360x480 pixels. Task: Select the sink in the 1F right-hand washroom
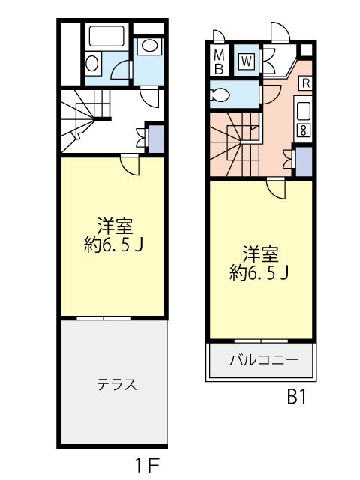coord(150,46)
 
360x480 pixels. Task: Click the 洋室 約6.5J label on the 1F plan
coord(112,235)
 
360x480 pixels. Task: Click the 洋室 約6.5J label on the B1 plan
coord(259,262)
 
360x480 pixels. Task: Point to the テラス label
coord(115,385)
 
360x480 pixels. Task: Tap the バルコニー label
coord(263,360)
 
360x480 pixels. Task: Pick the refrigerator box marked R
coord(305,84)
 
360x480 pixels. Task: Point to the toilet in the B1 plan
coord(222,95)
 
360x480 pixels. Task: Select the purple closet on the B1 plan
coord(302,160)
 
